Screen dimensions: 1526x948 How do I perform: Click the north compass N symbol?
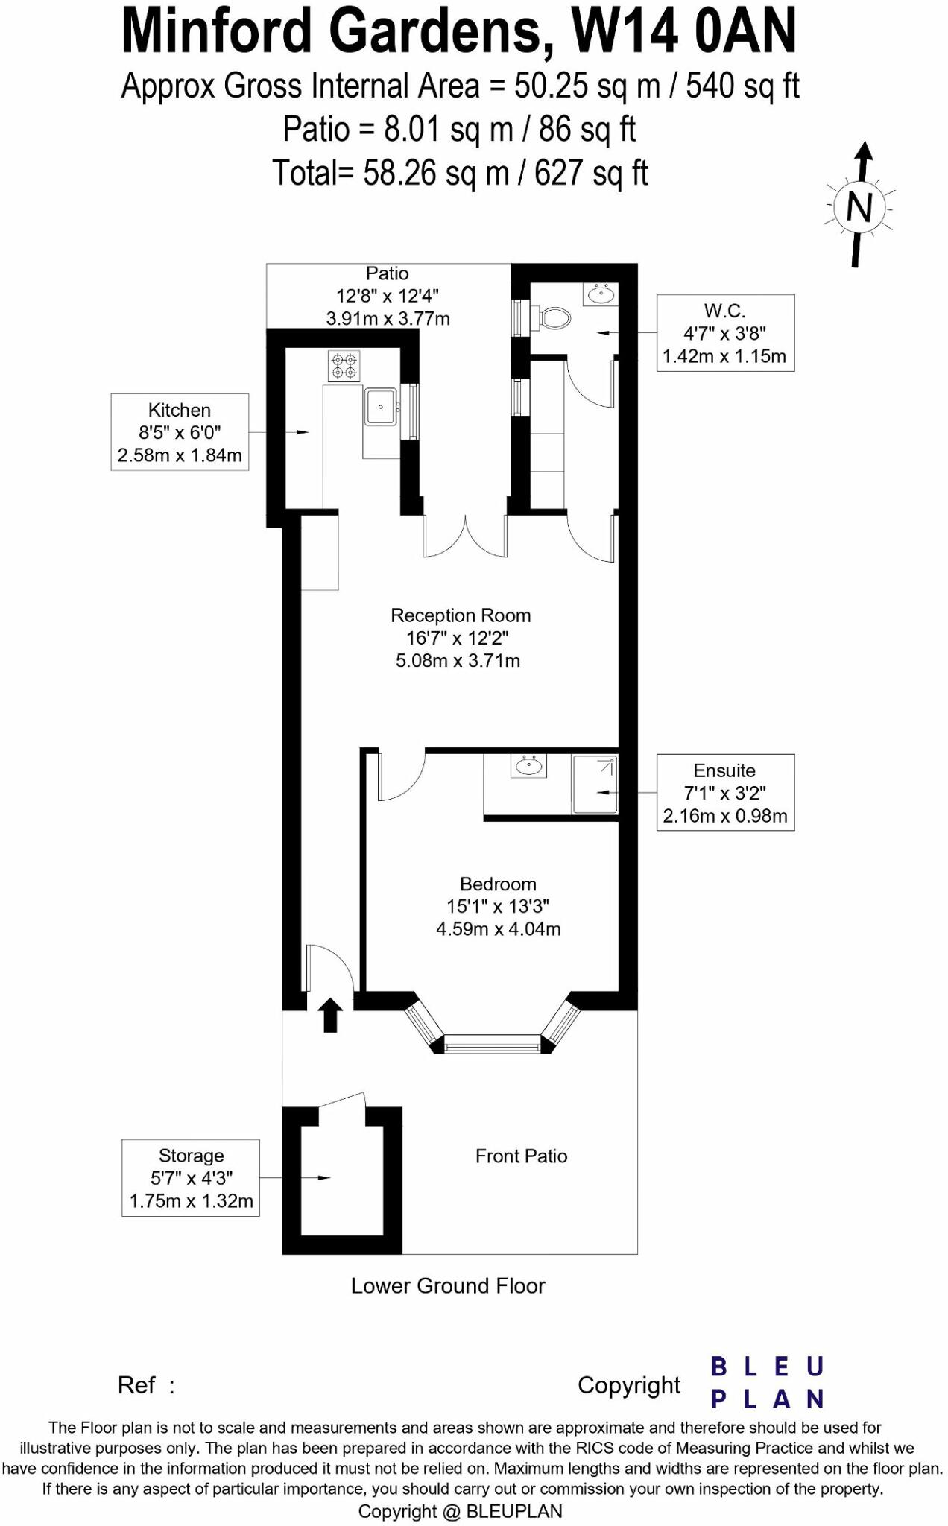pos(859,206)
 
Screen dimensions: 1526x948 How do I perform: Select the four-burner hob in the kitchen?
pos(344,366)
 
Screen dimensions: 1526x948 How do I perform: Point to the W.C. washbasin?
pos(601,295)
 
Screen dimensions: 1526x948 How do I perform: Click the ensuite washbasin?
pos(529,765)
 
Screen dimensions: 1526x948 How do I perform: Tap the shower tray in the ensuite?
pos(595,785)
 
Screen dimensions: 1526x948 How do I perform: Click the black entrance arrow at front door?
pos(331,1016)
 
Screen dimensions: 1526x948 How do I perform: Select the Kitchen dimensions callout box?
pos(180,432)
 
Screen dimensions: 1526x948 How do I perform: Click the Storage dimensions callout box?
pos(191,1178)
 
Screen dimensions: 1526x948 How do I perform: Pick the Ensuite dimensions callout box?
pos(725,793)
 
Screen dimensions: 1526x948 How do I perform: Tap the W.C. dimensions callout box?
pos(725,333)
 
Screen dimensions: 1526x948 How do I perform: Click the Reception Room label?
pos(461,615)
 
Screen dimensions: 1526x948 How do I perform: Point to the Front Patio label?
pos(521,1156)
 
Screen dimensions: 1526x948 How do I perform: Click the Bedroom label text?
pos(498,884)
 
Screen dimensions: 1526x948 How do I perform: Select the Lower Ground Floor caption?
pos(448,1285)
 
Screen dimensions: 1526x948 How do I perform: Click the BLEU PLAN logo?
pos(767,1382)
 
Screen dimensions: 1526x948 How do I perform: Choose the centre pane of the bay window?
pos(492,1045)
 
